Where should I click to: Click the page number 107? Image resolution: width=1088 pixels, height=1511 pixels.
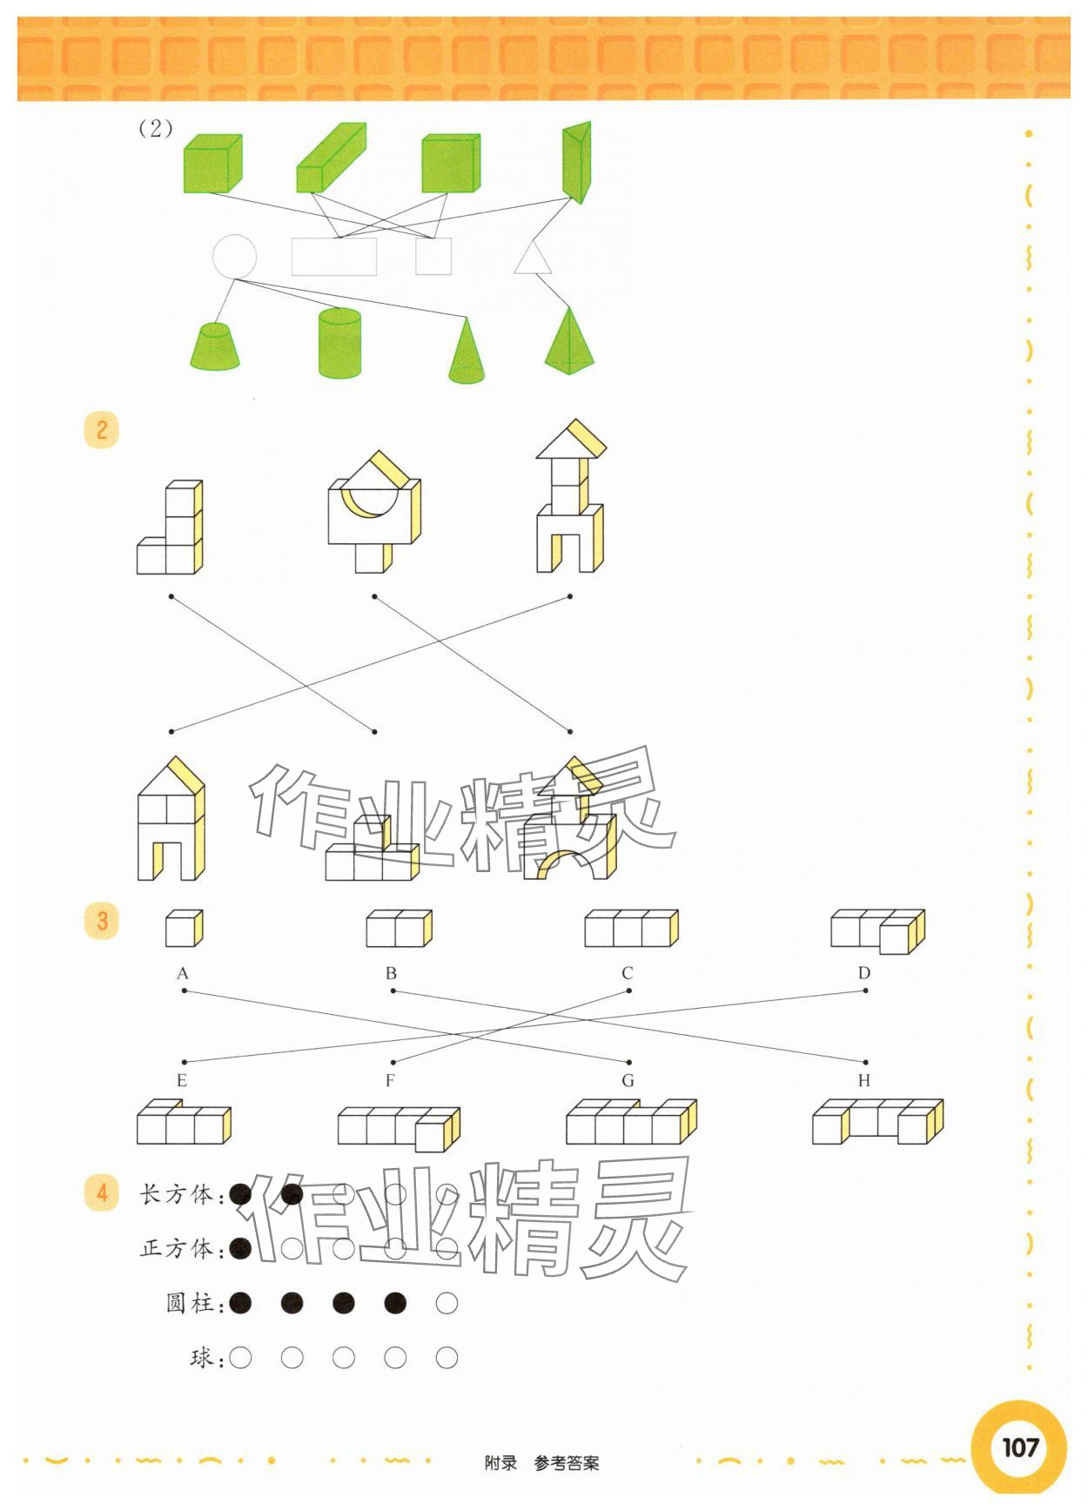pyautogui.click(x=1020, y=1447)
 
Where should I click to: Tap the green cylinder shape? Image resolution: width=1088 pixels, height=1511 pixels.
pyautogui.click(x=339, y=343)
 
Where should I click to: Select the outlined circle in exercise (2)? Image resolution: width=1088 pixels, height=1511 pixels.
pyautogui.click(x=234, y=257)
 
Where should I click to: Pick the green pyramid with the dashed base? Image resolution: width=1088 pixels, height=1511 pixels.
pyautogui.click(x=569, y=343)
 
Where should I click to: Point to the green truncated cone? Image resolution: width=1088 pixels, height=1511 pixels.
pyautogui.click(x=215, y=347)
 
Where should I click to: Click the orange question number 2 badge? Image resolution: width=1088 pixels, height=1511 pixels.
pyautogui.click(x=102, y=430)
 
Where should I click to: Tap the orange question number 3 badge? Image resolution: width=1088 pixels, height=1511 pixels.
pyautogui.click(x=102, y=921)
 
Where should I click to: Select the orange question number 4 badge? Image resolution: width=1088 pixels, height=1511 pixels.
pyautogui.click(x=102, y=1192)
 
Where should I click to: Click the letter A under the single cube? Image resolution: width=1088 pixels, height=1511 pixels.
pyautogui.click(x=183, y=973)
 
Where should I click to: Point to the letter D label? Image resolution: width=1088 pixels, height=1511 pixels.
pyautogui.click(x=863, y=973)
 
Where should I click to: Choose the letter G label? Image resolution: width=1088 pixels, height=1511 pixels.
pyautogui.click(x=628, y=1081)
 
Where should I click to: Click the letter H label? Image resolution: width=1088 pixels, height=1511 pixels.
pyautogui.click(x=863, y=1081)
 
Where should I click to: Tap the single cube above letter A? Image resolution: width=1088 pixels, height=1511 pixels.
pyautogui.click(x=184, y=930)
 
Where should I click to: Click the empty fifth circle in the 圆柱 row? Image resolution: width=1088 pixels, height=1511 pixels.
pyautogui.click(x=447, y=1303)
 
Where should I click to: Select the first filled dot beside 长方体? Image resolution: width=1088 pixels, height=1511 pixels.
pyautogui.click(x=241, y=1194)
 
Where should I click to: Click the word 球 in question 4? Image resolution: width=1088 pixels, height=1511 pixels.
pyautogui.click(x=201, y=1358)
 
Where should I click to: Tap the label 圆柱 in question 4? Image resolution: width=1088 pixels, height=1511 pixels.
pyautogui.click(x=189, y=1303)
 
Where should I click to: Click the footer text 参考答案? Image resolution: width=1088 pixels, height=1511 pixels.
pyautogui.click(x=567, y=1463)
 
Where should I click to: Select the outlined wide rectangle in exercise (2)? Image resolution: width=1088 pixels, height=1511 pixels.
pyautogui.click(x=334, y=257)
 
